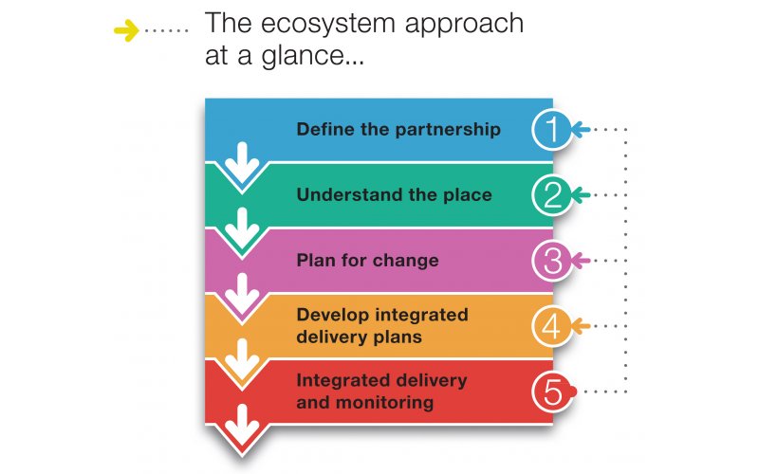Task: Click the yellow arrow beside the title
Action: [x=126, y=30]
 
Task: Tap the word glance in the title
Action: [x=303, y=55]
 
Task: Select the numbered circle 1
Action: [x=552, y=130]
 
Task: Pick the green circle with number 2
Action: [x=552, y=195]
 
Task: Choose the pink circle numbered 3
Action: [x=552, y=260]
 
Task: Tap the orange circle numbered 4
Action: [x=552, y=326]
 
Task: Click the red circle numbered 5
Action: [x=552, y=392]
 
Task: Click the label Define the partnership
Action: [x=398, y=130]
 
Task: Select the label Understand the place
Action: [x=394, y=194]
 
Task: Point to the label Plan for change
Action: [x=367, y=260]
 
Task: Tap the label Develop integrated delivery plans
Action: [x=382, y=325]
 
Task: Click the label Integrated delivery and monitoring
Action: [x=382, y=392]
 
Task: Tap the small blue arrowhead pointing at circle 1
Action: [x=581, y=130]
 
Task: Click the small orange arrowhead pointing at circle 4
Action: [x=581, y=326]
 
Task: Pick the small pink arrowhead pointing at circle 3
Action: [x=581, y=261]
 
